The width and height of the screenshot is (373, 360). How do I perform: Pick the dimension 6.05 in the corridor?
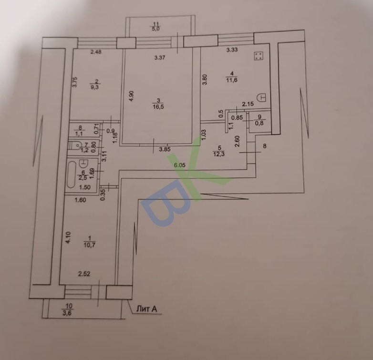(179, 165)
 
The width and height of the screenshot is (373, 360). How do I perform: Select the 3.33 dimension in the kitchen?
(232, 49)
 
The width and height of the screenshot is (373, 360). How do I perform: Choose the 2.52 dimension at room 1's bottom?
(85, 274)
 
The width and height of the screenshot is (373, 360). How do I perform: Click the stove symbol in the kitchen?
(259, 56)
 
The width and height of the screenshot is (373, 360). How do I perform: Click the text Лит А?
(147, 309)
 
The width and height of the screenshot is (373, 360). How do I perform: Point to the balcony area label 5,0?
(156, 29)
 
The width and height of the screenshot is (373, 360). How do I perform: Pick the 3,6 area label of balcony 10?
(69, 313)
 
